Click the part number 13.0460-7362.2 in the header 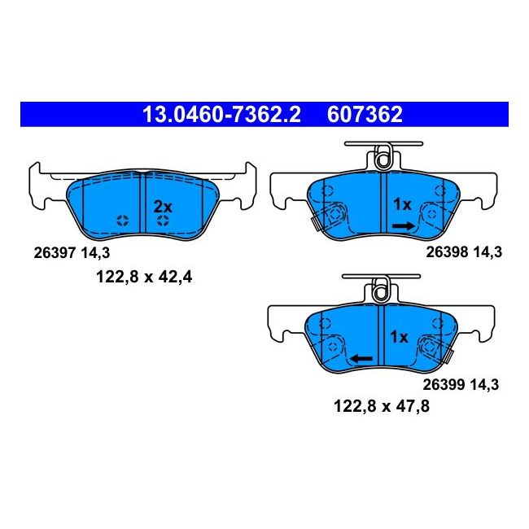[221, 114]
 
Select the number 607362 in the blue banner [365, 114]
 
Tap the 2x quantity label [163, 207]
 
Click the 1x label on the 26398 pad [403, 204]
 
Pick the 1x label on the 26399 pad [399, 337]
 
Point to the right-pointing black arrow [403, 225]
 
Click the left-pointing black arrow [361, 359]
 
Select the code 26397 [55, 253]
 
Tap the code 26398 [447, 252]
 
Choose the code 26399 [444, 385]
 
